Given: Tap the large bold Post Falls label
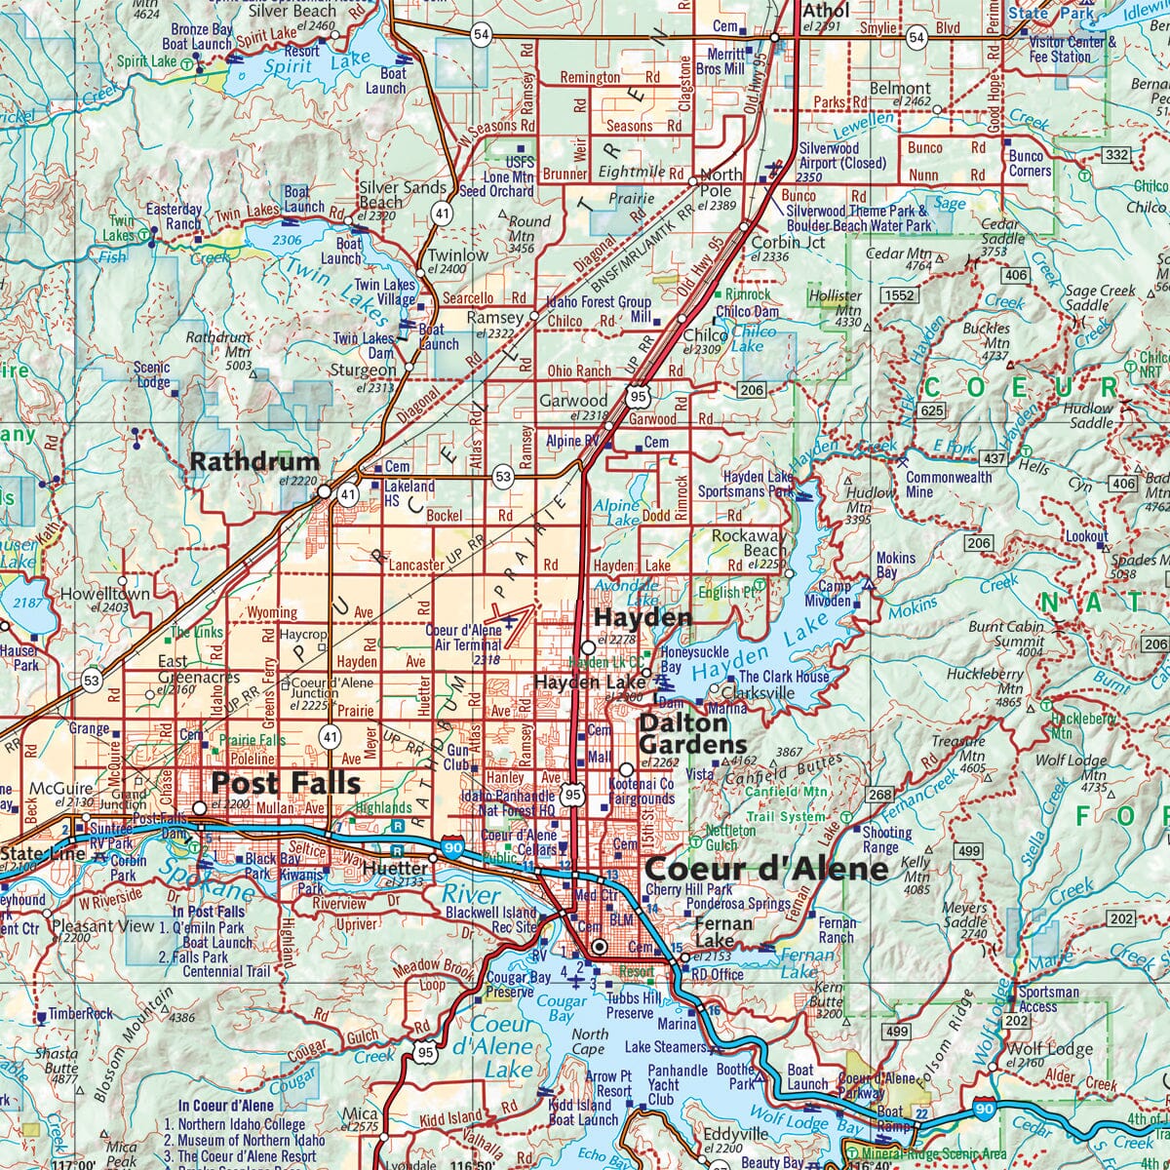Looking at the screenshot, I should click(x=286, y=782).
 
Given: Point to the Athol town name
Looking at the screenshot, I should click(x=825, y=11).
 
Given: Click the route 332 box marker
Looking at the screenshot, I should click(x=1115, y=155).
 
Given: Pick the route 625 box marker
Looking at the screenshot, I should click(x=931, y=411).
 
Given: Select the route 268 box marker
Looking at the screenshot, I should click(x=879, y=795).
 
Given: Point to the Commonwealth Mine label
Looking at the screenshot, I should click(x=949, y=485).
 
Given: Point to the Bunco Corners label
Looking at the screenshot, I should click(x=1030, y=164).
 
